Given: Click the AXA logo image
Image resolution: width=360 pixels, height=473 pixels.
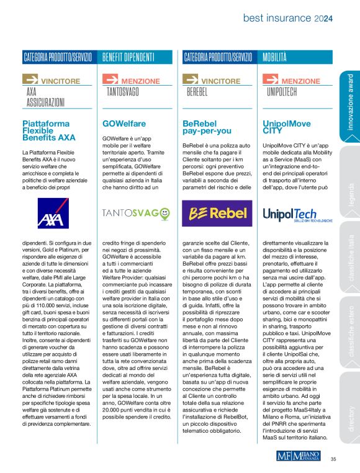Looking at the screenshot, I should pos(56,213).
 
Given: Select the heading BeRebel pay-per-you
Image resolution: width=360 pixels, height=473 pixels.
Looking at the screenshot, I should pos(207,128).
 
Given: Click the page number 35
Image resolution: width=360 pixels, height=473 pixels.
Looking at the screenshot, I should pos(333,459).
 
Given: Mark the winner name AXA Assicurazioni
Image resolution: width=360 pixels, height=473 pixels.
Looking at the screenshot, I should pos(45,97).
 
